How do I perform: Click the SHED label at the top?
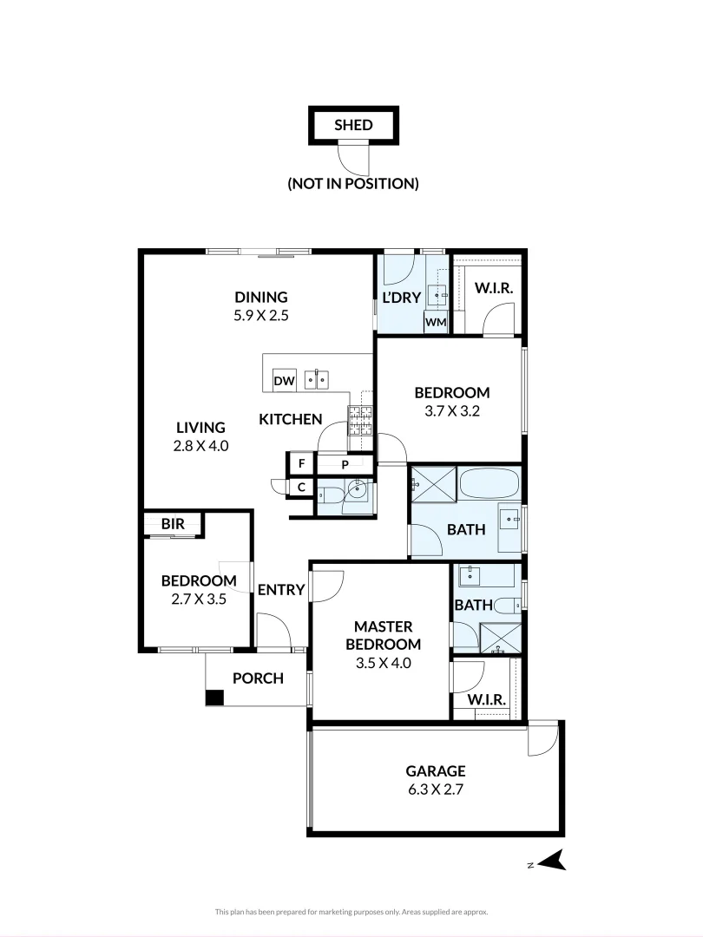pyautogui.click(x=353, y=125)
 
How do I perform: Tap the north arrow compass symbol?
pyautogui.click(x=551, y=860)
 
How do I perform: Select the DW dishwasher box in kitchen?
pyautogui.click(x=284, y=380)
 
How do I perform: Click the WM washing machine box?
pyautogui.click(x=435, y=322)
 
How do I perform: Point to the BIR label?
pyautogui.click(x=172, y=524)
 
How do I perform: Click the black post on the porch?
pyautogui.click(x=214, y=698)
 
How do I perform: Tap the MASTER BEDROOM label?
pyautogui.click(x=383, y=635)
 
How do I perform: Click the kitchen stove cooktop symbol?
pyautogui.click(x=360, y=421)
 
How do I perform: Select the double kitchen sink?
pyautogui.click(x=316, y=379)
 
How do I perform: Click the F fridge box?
pyautogui.click(x=301, y=463)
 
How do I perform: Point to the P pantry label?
pyautogui.click(x=345, y=465)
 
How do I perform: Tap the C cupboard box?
pyautogui.click(x=301, y=488)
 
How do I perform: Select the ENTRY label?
pyautogui.click(x=281, y=590)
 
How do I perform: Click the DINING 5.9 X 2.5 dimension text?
pyautogui.click(x=260, y=316)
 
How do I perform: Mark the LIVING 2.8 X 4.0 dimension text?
pyautogui.click(x=200, y=446)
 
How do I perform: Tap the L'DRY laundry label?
pyautogui.click(x=401, y=298)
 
